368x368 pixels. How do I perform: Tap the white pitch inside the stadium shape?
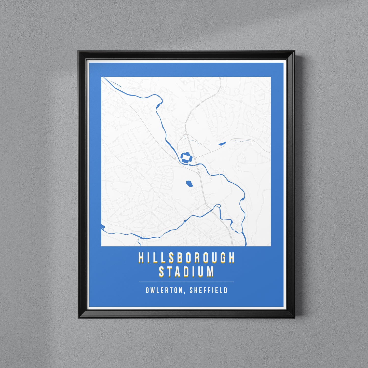click(x=186, y=157)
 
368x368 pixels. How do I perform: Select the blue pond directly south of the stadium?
click(x=189, y=183)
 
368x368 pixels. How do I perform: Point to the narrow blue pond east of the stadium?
click(x=222, y=144)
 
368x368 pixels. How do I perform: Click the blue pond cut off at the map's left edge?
click(x=103, y=226)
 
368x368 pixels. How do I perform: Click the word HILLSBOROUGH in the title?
click(x=186, y=258)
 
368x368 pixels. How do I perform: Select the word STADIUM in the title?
click(x=186, y=272)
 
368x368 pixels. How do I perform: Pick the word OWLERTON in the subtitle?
click(x=164, y=290)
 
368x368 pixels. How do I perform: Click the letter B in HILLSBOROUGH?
click(x=179, y=258)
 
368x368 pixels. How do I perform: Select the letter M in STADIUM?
click(x=210, y=272)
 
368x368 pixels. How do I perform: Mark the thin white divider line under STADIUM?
click(x=186, y=282)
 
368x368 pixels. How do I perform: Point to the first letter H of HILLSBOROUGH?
click(x=141, y=258)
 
